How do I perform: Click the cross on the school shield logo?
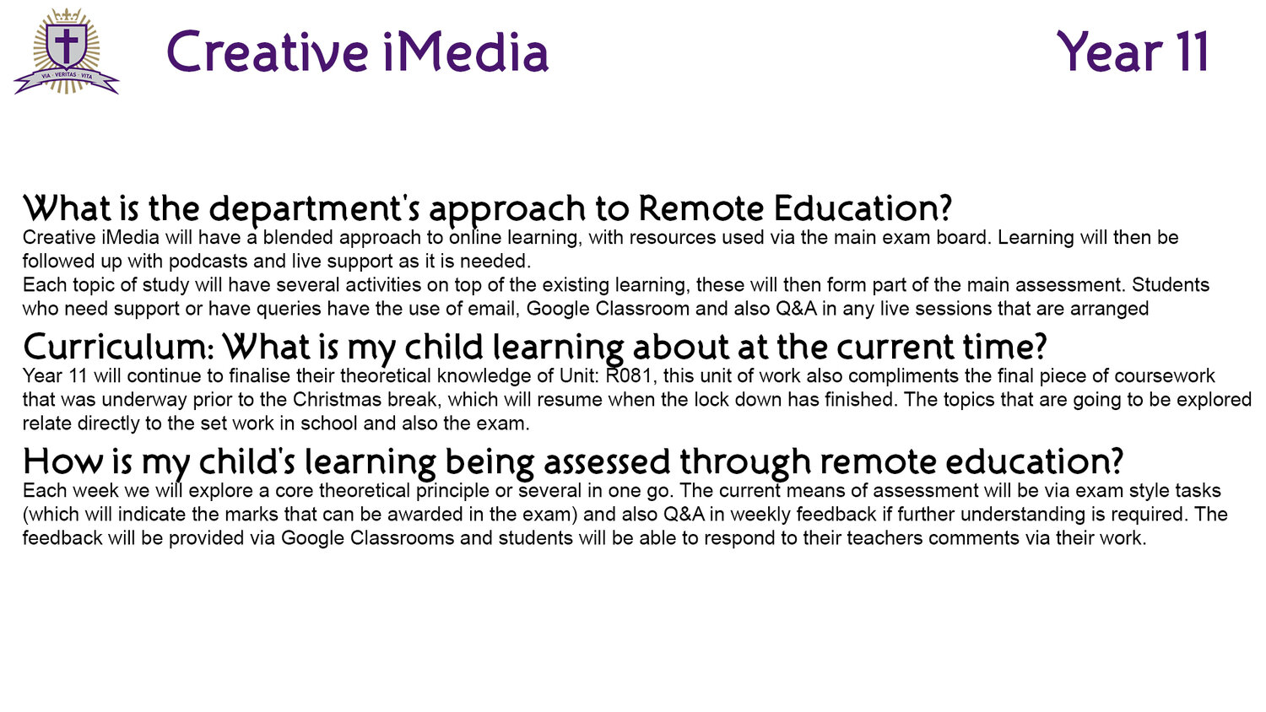coord(66,46)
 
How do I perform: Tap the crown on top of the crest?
coord(66,15)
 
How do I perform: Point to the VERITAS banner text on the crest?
coord(66,74)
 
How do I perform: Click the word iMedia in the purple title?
coord(465,51)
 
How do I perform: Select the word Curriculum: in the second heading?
coord(119,347)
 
